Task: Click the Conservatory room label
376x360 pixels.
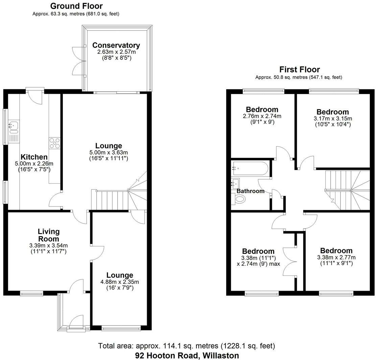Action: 116,45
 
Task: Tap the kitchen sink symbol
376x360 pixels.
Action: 14,126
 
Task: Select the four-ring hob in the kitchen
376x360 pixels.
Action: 55,143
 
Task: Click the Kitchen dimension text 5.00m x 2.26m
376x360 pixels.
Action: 34,163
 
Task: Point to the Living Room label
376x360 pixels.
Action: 49,235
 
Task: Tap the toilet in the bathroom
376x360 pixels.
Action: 239,200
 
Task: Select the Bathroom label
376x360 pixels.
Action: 250,191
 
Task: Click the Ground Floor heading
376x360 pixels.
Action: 76,6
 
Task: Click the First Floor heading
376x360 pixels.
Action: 299,69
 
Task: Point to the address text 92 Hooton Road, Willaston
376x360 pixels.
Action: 187,355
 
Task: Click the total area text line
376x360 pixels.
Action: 187,346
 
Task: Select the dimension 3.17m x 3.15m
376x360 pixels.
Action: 332,118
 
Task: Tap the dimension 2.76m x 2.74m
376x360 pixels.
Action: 262,116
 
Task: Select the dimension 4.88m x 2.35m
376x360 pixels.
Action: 120,282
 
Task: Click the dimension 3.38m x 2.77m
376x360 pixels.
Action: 336,257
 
